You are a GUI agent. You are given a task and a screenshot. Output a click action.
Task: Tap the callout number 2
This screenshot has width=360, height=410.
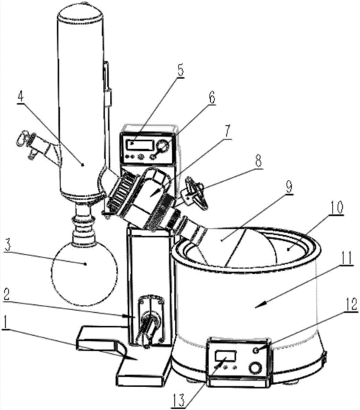pyautogui.click(x=6, y=295)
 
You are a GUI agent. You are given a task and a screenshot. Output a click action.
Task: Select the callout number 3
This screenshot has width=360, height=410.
pyautogui.click(x=8, y=245)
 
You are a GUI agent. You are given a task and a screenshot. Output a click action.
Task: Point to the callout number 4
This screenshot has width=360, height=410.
pyautogui.click(x=20, y=96)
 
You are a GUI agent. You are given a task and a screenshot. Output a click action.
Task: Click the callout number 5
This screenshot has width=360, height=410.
pyautogui.click(x=181, y=70)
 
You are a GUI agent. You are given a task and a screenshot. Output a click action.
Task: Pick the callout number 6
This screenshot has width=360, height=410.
pyautogui.click(x=212, y=98)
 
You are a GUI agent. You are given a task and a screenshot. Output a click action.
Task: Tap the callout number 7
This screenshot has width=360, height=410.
pyautogui.click(x=227, y=131)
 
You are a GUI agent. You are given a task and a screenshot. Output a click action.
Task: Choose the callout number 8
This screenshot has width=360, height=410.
pyautogui.click(x=258, y=161)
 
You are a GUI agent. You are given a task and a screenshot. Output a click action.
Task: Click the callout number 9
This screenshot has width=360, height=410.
pyautogui.click(x=289, y=187)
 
